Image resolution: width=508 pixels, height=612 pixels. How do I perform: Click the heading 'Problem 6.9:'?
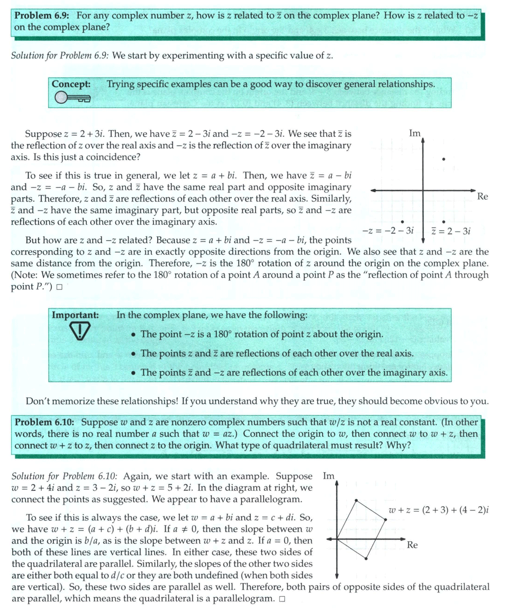(x=42, y=15)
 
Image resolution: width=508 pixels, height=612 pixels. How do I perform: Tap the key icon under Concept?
(x=72, y=98)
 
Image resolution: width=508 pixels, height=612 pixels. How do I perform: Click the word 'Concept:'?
(x=71, y=84)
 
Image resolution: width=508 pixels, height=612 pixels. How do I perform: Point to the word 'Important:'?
(x=75, y=315)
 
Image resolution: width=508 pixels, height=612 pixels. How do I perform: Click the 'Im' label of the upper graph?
(x=415, y=133)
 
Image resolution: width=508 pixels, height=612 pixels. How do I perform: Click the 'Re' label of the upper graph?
(x=482, y=197)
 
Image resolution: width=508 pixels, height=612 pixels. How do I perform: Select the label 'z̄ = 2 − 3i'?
(x=451, y=231)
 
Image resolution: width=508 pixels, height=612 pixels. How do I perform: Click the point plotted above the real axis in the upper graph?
(x=443, y=159)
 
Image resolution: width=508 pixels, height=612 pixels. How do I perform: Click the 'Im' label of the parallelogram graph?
(x=329, y=476)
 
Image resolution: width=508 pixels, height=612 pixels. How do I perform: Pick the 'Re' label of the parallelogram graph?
(x=413, y=544)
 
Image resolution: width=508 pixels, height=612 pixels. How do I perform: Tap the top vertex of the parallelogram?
(x=356, y=500)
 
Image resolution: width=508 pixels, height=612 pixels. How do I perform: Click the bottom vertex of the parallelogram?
(x=366, y=558)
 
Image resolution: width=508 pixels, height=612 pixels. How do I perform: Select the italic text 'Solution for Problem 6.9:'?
(x=60, y=56)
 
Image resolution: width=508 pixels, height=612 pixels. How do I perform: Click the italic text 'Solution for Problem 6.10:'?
(x=62, y=476)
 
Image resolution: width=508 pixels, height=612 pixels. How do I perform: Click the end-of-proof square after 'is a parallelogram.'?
(x=282, y=599)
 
